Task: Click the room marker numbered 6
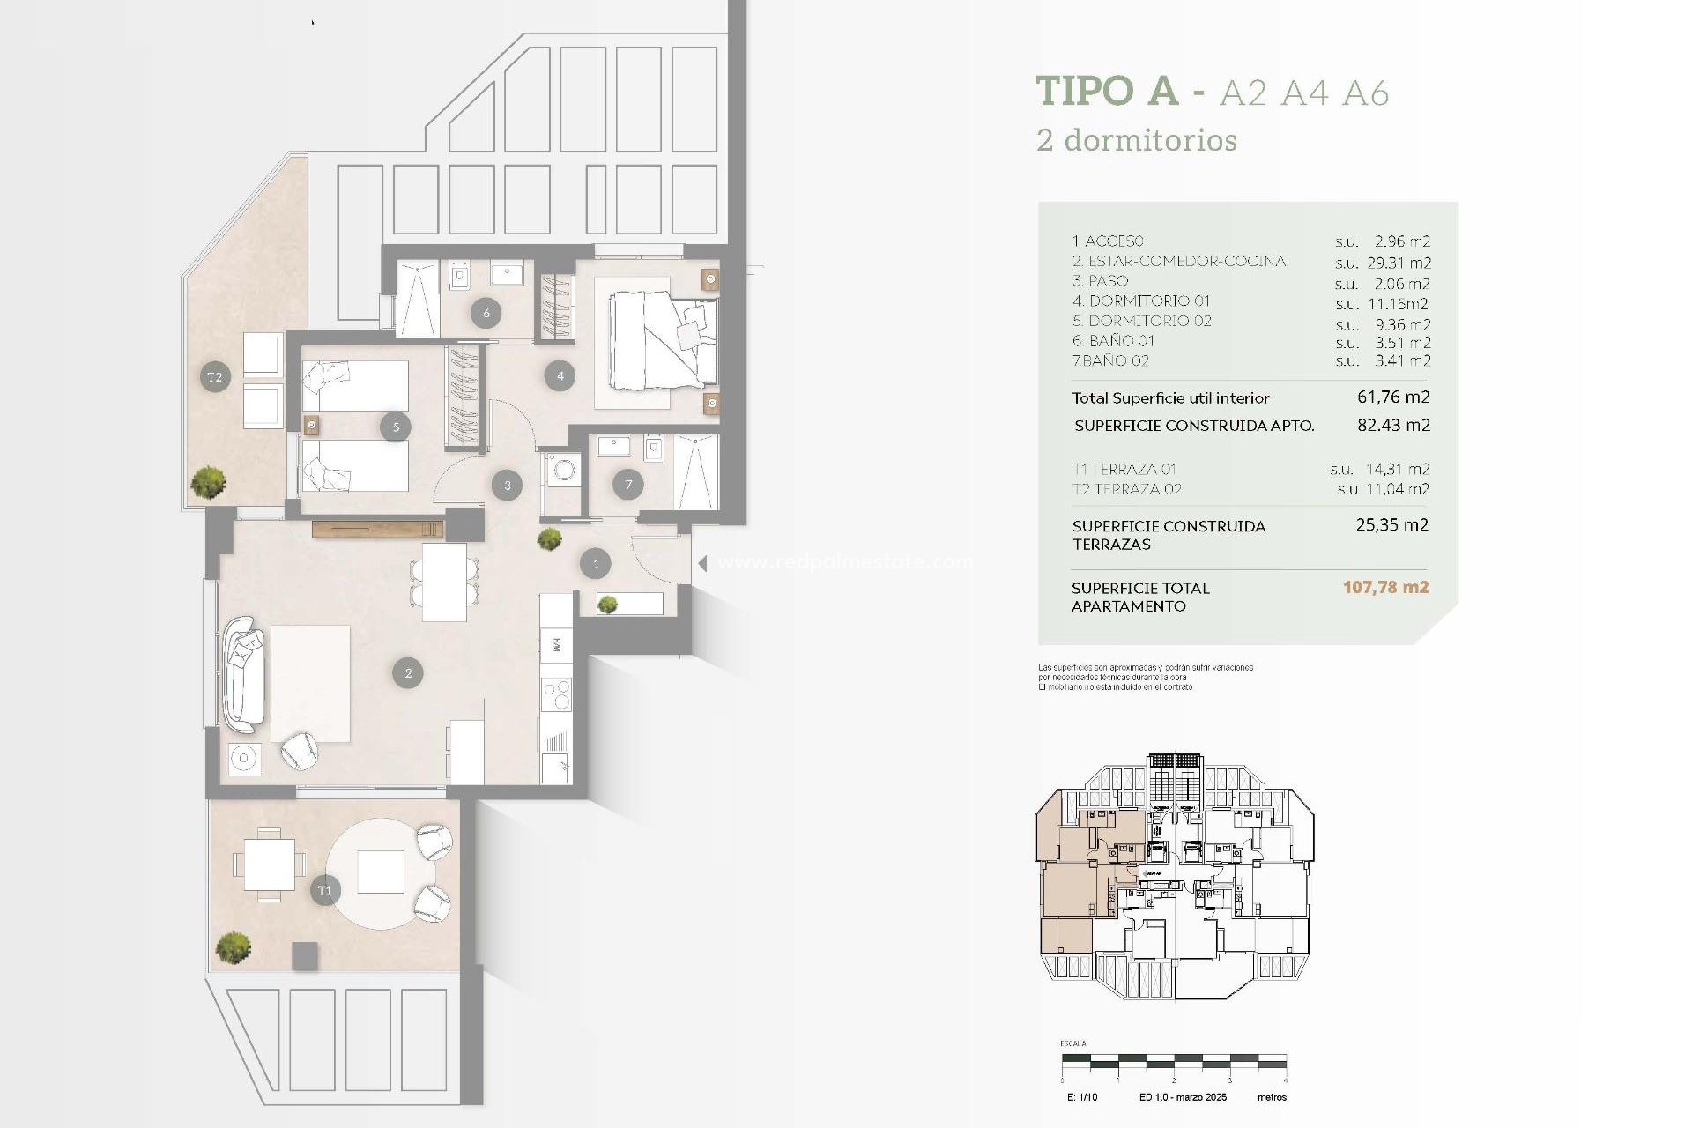click(486, 312)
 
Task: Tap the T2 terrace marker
click(215, 377)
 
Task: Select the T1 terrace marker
click(324, 890)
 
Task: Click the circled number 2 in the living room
click(408, 673)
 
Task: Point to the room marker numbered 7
click(628, 484)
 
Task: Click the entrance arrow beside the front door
click(702, 563)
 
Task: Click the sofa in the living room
click(243, 674)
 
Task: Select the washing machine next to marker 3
click(562, 470)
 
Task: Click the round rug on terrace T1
click(381, 872)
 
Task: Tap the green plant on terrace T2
click(208, 481)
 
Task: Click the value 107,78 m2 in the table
click(1385, 587)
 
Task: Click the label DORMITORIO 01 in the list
click(1141, 301)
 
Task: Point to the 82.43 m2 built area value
click(1393, 425)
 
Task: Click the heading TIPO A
click(1107, 91)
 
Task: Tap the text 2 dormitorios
click(1137, 140)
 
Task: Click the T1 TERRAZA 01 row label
click(1124, 469)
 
